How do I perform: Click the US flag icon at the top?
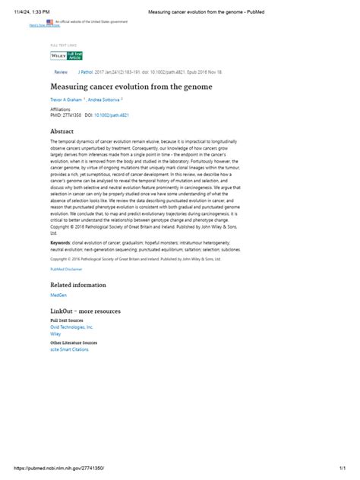click(x=49, y=22)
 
